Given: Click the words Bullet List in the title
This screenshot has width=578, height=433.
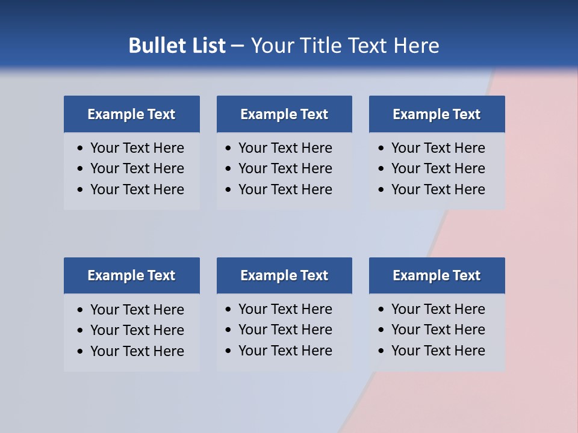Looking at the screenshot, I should click(x=177, y=46).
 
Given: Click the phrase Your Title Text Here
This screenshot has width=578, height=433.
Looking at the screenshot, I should click(x=345, y=46).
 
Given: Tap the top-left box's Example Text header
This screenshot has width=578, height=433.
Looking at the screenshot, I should click(x=131, y=114).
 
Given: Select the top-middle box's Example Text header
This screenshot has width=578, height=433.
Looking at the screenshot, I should click(x=284, y=114).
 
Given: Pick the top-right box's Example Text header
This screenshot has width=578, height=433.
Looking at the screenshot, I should click(x=437, y=114).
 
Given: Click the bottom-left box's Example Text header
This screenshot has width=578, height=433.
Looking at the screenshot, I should click(x=131, y=275).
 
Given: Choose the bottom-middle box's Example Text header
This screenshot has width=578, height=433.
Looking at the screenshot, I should click(x=284, y=275).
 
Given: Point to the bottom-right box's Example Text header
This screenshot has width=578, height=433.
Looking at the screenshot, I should click(x=437, y=275).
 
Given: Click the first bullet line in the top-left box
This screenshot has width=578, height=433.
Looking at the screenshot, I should click(x=137, y=148).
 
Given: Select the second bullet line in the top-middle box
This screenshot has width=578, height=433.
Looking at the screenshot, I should click(x=285, y=168).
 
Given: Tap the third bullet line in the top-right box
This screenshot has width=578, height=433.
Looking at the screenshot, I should click(x=438, y=189).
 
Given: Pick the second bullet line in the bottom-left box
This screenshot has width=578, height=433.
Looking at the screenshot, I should click(x=137, y=330).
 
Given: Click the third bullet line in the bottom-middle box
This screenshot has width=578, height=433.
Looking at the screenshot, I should click(x=285, y=351).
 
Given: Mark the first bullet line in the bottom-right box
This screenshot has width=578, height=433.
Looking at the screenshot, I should click(x=438, y=309).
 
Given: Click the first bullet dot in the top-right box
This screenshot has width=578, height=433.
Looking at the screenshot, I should click(x=381, y=149).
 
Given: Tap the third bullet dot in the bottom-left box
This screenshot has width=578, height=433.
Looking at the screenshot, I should click(x=80, y=351).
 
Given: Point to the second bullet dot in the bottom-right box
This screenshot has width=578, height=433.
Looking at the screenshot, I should click(x=381, y=330).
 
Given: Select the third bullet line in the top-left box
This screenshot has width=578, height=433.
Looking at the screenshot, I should click(x=137, y=189).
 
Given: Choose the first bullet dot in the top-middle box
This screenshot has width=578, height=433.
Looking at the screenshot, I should click(x=228, y=149).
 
